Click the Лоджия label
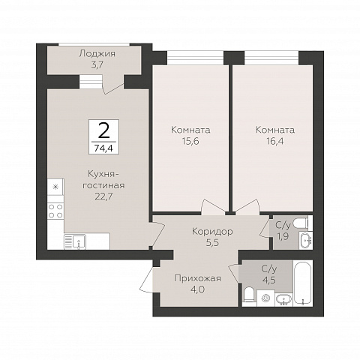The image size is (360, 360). [x=97, y=54]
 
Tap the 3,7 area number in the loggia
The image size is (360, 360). [x=97, y=65]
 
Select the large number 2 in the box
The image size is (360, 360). [x=103, y=130]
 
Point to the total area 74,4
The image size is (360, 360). [x=103, y=148]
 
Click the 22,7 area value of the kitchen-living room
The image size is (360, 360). [x=103, y=196]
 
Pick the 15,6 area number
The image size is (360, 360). [x=190, y=142]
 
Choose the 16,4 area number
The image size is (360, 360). [x=275, y=142]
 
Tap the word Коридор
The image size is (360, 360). [x=212, y=232]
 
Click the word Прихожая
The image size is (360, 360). [x=198, y=278]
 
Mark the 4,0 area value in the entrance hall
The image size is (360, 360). [x=197, y=289]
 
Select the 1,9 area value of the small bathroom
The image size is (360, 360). [x=283, y=236]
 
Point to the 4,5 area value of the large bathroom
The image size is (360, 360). [x=269, y=280]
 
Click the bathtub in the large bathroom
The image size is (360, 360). [x=303, y=283]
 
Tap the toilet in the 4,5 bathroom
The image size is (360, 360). [x=249, y=296]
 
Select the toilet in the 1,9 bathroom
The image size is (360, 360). [x=302, y=223]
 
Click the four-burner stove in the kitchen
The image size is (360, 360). [x=55, y=211]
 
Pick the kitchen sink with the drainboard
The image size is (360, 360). [x=75, y=241]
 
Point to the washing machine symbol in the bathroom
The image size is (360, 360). [x=266, y=298]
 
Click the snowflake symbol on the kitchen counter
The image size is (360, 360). [x=56, y=187]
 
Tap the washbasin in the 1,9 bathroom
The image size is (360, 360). [x=305, y=240]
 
